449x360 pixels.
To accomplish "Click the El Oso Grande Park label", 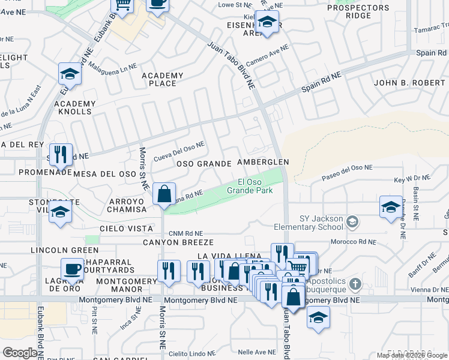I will (250, 186).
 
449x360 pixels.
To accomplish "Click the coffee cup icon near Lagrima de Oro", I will (73, 269).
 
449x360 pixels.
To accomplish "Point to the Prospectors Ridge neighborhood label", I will (358, 11).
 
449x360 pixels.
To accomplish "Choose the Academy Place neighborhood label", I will (162, 79).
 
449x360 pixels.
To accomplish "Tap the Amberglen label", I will (263, 163).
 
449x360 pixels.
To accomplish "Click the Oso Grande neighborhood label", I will (203, 164).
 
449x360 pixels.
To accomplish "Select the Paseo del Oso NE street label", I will (347, 172).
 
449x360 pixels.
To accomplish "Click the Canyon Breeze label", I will (178, 242).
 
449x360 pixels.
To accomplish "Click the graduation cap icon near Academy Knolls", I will (70, 74).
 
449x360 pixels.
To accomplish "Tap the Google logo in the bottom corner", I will (20, 353).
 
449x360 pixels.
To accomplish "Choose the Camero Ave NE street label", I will (267, 55).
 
